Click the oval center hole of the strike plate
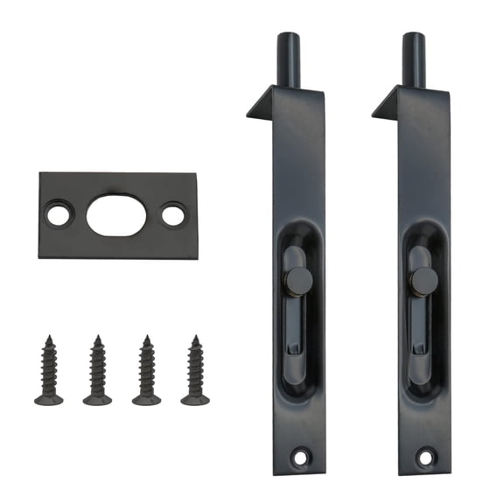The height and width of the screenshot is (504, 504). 116,213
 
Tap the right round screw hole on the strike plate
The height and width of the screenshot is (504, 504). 172,213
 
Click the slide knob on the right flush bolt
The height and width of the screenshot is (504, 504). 424,281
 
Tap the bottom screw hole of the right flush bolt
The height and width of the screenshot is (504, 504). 426,456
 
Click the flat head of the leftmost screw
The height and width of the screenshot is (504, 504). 49,400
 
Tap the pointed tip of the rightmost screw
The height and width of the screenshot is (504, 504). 196,338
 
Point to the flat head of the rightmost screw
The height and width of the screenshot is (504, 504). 195,400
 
